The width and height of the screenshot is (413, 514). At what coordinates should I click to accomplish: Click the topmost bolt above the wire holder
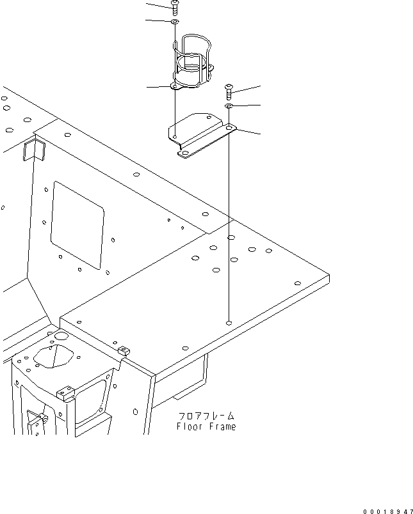pyautogui.click(x=174, y=7)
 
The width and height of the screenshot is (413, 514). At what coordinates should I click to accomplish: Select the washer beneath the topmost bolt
pyautogui.click(x=174, y=22)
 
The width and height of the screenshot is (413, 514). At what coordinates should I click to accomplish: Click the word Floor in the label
pyautogui.click(x=189, y=426)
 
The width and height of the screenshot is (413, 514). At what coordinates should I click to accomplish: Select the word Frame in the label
pyautogui.click(x=222, y=426)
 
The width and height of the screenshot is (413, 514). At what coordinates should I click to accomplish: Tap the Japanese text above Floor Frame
pyautogui.click(x=206, y=415)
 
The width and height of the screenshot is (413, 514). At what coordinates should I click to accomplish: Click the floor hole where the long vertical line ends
pyautogui.click(x=229, y=323)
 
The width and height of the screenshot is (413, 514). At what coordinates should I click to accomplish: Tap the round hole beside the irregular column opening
pyautogui.click(x=61, y=335)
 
